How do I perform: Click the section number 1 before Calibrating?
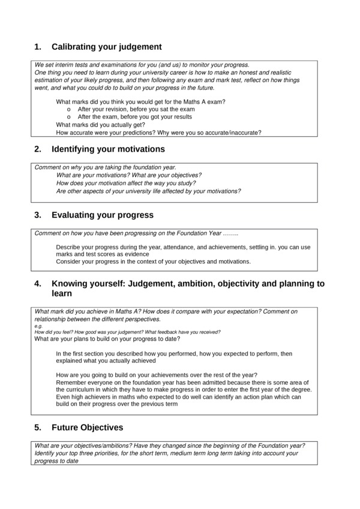(x=37, y=46)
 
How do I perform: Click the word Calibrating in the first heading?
(x=76, y=46)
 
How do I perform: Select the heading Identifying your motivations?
(x=108, y=149)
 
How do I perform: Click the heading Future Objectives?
(x=87, y=427)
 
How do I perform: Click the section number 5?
(x=37, y=427)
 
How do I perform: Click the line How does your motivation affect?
(x=125, y=183)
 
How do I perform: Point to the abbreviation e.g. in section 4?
(x=38, y=326)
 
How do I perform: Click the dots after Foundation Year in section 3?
(x=235, y=233)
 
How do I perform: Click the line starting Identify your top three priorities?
(x=167, y=454)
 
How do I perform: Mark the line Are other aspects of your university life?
(x=148, y=191)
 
